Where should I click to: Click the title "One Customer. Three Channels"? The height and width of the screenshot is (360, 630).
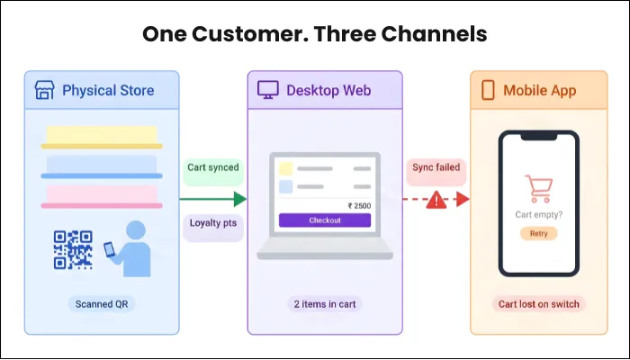[315, 34]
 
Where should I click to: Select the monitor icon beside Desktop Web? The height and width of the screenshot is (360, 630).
[268, 90]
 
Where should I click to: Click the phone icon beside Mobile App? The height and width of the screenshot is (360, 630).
[489, 90]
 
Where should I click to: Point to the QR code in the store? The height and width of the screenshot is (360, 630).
[74, 247]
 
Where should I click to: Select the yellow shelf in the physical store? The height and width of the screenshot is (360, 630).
[101, 137]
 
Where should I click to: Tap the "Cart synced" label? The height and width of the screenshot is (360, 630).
[214, 167]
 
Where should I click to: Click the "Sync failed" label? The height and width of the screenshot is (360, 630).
[436, 167]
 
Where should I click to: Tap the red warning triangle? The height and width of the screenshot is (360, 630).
[436, 200]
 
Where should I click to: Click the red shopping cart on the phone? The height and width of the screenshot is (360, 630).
[537, 188]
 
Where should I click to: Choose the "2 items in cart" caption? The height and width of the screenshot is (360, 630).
[325, 304]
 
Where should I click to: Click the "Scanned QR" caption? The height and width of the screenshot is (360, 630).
[101, 304]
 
